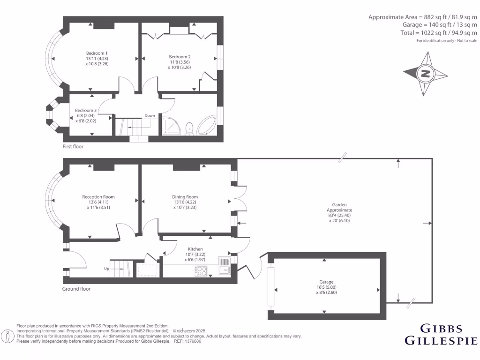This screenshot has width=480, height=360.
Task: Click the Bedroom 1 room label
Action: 97,53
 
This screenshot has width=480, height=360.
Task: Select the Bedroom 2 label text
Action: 180,57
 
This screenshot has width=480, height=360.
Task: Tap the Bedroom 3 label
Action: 85,110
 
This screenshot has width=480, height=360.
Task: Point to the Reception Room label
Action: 98,197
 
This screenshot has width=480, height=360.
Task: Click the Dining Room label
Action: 185,197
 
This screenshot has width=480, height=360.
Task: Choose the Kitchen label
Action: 195,249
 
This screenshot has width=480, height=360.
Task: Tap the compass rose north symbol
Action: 426,74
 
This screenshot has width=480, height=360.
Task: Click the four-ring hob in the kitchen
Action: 201,270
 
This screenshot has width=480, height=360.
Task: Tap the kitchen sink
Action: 225,270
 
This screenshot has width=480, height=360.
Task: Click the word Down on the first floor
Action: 150,115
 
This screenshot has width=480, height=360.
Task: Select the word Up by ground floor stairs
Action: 107,269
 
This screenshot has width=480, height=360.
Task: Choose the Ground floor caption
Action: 76,289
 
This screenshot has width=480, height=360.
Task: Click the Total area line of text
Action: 438,33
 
